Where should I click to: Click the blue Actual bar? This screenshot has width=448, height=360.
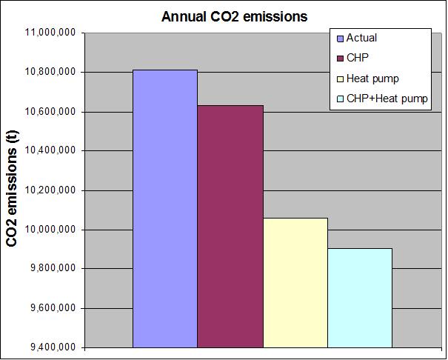[165, 208]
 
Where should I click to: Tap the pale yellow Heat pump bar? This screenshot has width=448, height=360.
[295, 282]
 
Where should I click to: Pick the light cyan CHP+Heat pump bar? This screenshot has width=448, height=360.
[360, 297]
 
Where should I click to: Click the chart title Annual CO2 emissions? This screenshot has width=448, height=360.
[235, 16]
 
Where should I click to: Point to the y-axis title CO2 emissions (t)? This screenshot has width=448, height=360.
[13, 190]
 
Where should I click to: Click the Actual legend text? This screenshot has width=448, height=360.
[362, 38]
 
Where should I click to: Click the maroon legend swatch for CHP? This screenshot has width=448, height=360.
[340, 58]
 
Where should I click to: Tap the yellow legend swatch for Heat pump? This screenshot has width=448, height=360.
[340, 78]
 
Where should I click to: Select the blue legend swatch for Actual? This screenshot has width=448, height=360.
[340, 38]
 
